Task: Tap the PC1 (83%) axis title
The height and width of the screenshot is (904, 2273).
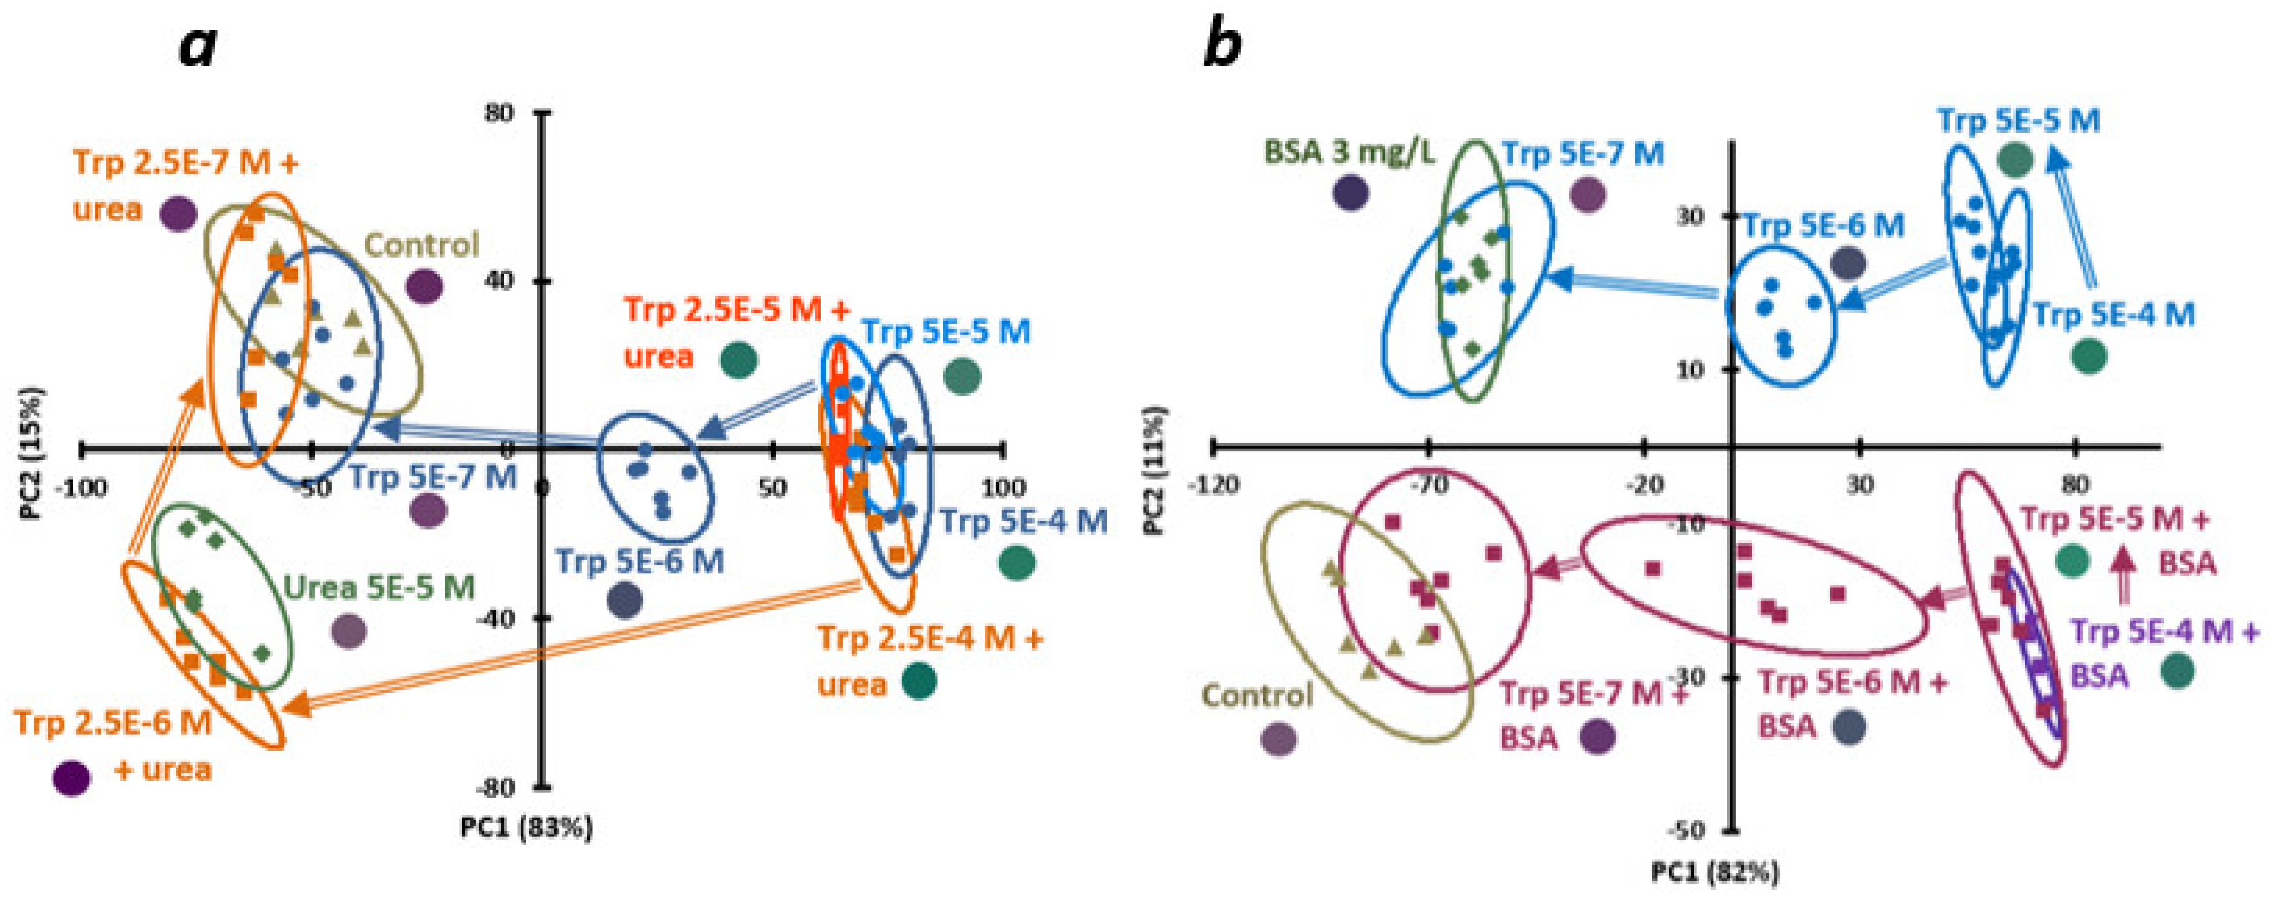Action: (x=527, y=827)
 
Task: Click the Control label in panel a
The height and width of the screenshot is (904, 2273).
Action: (x=421, y=244)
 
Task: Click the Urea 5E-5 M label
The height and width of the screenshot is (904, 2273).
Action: (x=379, y=588)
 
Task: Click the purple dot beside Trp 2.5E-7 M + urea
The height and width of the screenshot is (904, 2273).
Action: (x=178, y=213)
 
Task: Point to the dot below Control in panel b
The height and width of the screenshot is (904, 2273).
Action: (x=1279, y=739)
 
